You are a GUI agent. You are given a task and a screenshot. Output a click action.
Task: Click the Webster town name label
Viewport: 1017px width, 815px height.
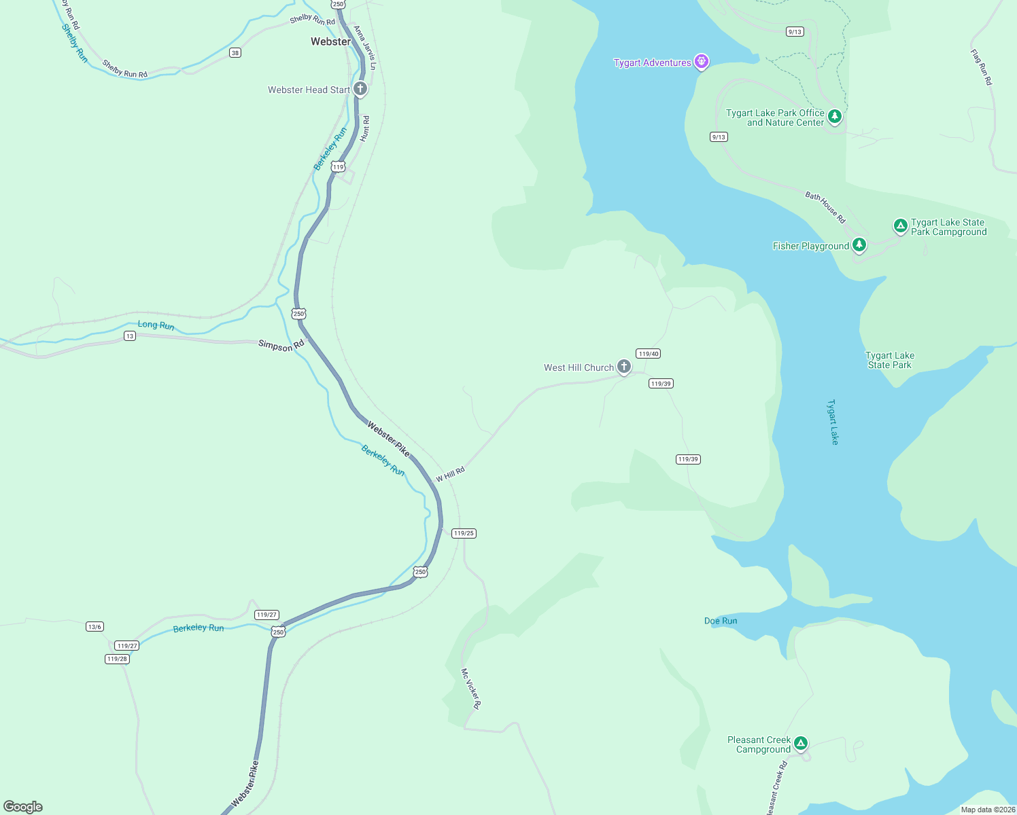(330, 41)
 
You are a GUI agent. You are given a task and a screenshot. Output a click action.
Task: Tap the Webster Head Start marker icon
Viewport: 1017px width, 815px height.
(360, 89)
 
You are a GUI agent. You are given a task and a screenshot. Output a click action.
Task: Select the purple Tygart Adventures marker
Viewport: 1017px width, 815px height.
(702, 62)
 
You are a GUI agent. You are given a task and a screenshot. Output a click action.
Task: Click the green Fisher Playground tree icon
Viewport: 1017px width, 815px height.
(859, 244)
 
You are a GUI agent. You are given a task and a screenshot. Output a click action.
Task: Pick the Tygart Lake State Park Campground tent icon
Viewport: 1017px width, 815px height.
(900, 225)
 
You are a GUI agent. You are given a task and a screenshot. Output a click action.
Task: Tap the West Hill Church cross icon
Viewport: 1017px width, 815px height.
(623, 367)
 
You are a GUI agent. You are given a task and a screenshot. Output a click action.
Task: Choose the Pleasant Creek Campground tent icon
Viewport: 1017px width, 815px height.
(801, 744)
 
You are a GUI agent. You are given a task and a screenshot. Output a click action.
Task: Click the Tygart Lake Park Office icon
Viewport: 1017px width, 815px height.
(835, 116)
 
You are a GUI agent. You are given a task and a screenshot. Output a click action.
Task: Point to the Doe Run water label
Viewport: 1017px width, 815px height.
(721, 621)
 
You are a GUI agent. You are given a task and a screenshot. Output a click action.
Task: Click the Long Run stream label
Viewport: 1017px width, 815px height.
(156, 325)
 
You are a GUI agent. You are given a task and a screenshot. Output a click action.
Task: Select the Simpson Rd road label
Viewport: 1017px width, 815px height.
(281, 345)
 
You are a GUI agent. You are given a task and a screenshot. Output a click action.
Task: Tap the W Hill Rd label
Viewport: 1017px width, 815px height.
(450, 474)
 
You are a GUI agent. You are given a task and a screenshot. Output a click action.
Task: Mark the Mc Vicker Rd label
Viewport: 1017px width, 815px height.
(470, 689)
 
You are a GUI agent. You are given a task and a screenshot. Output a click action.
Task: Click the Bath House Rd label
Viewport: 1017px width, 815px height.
(825, 208)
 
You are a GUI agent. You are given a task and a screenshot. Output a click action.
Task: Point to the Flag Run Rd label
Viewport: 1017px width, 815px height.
(981, 67)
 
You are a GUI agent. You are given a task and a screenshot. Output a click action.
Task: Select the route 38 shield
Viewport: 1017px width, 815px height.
(235, 52)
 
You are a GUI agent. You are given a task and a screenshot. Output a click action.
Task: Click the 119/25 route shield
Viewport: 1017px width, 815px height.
(464, 533)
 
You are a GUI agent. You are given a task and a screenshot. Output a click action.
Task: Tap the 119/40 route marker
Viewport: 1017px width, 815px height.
(648, 353)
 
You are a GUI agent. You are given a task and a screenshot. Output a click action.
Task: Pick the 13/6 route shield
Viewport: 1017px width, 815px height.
(94, 626)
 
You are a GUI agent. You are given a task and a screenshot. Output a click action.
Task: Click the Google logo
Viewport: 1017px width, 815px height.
(23, 807)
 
